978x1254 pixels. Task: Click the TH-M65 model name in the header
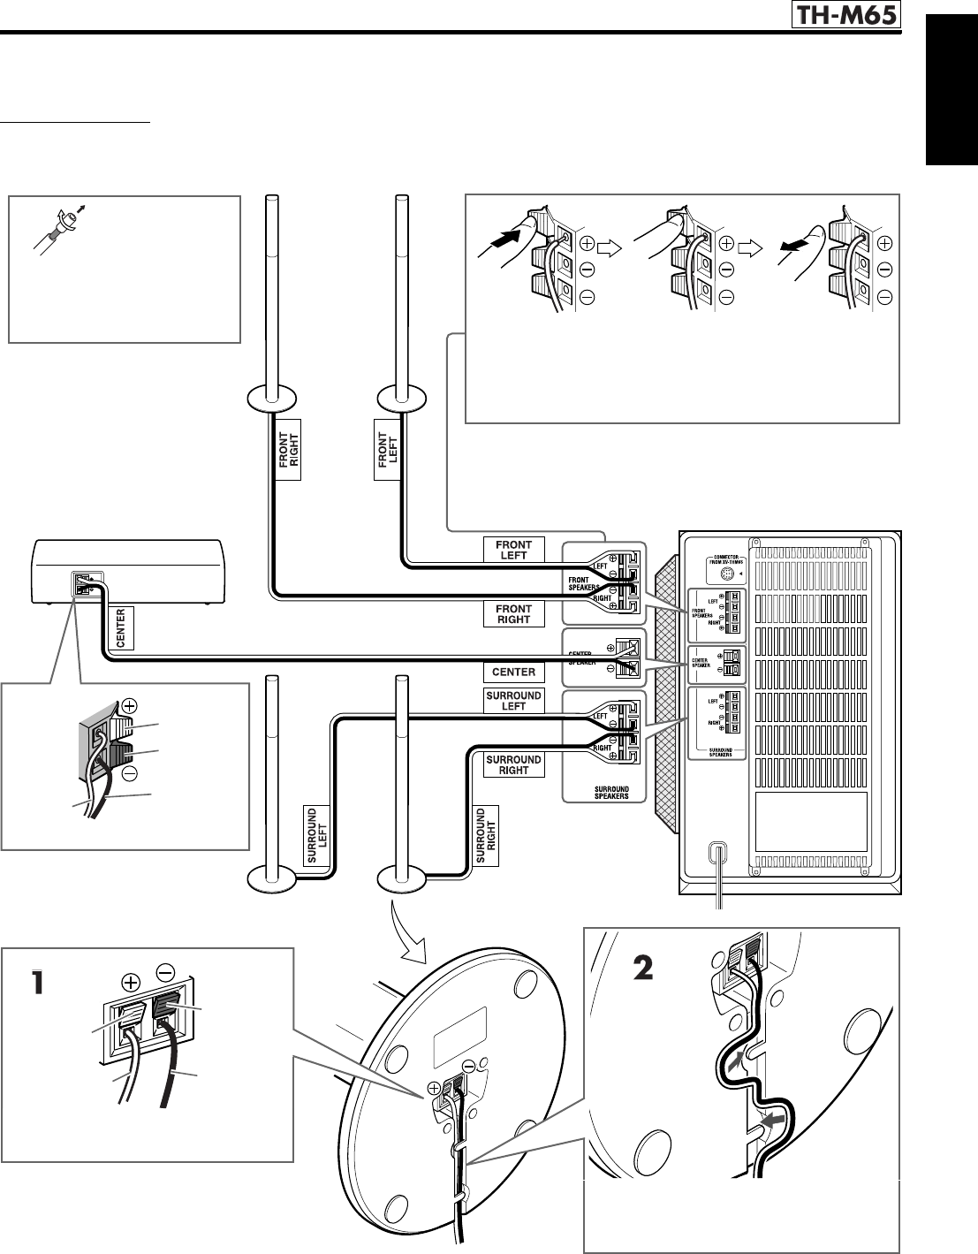[845, 15]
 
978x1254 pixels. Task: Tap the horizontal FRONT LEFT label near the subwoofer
[513, 550]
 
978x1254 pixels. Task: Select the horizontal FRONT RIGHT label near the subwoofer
[513, 614]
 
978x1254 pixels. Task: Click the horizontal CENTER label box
[513, 672]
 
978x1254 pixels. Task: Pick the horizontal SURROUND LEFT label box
[513, 701]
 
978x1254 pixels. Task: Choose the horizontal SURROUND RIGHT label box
[513, 764]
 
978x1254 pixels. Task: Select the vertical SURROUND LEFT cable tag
[317, 832]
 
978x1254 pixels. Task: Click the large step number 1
[37, 983]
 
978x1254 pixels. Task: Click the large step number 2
[645, 969]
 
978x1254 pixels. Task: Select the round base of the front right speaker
[275, 399]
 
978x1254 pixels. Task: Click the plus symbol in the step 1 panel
[131, 982]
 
